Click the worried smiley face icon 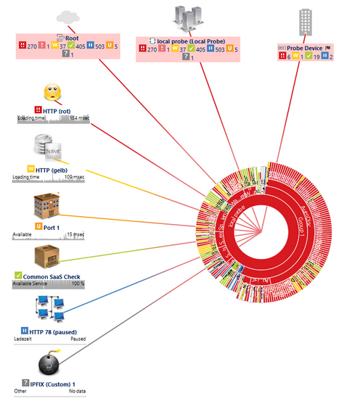click(52, 93)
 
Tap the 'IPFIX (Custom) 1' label click(54, 384)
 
